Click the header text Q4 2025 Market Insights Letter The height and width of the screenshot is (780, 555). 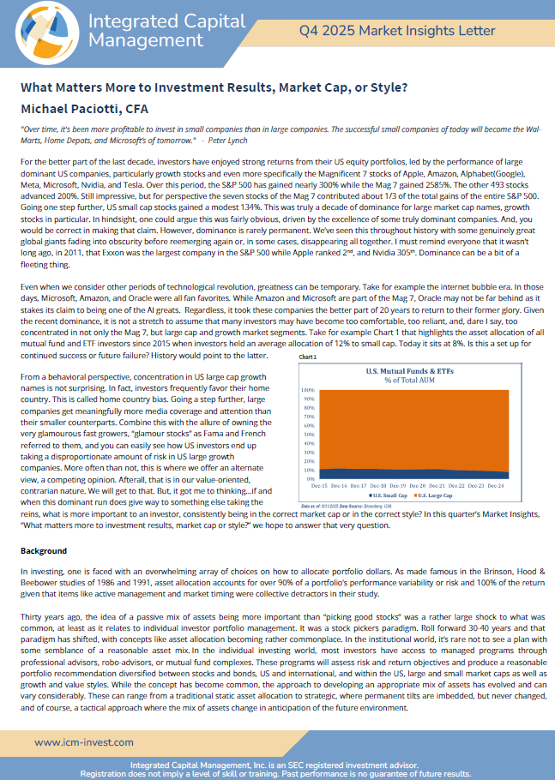tap(397, 31)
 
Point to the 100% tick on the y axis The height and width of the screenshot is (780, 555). tap(306, 389)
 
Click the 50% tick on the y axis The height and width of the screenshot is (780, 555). tap(308, 434)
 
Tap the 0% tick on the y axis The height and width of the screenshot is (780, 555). tap(310, 478)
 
